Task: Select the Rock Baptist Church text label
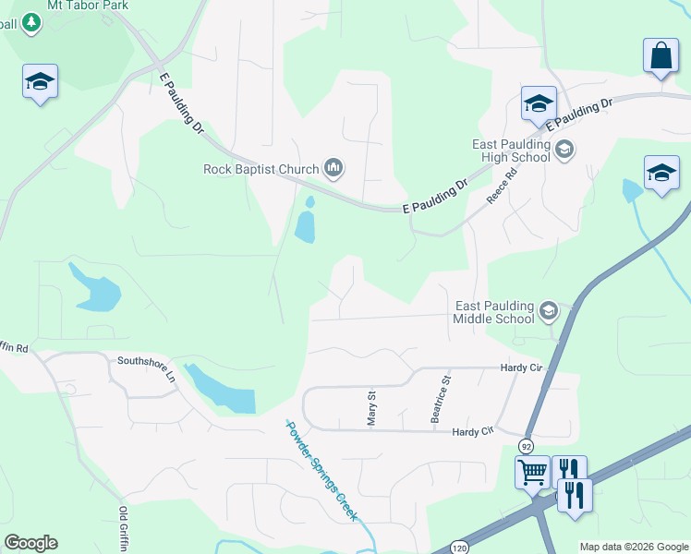click(261, 169)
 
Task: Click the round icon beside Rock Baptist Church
click(333, 168)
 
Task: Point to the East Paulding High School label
click(511, 151)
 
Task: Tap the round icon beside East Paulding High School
click(564, 148)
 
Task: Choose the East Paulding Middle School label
click(495, 313)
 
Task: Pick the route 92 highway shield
click(526, 445)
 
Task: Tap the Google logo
click(30, 543)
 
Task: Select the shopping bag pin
click(661, 56)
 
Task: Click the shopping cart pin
click(532, 472)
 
